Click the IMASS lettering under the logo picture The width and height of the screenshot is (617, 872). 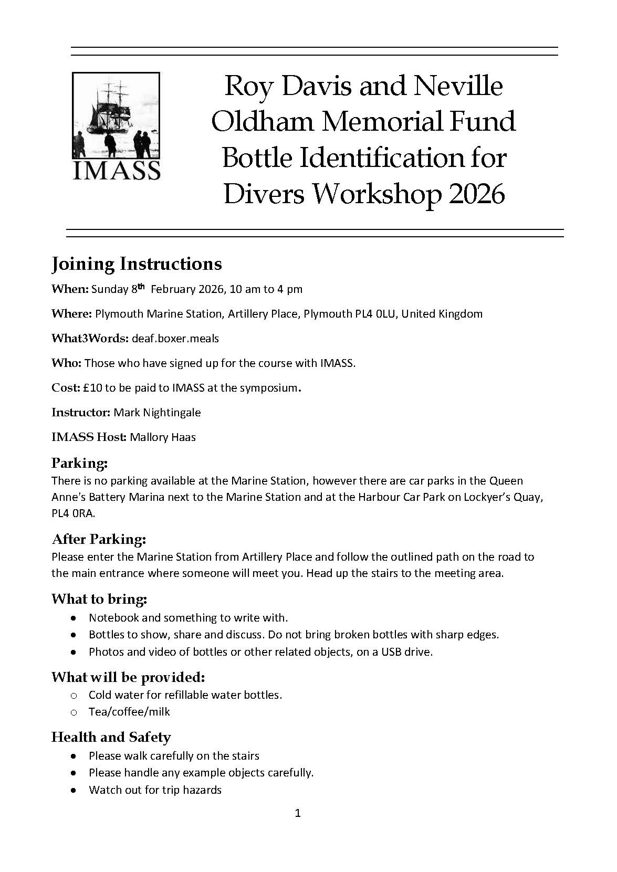coord(116,170)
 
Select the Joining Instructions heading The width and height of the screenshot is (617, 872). coord(137,264)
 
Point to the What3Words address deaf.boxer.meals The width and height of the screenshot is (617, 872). coord(175,339)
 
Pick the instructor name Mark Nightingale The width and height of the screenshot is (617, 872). coord(157,413)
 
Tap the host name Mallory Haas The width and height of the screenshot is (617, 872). coord(163,437)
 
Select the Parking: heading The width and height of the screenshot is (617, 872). coord(79,463)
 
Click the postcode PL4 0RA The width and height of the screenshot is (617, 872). coord(73,513)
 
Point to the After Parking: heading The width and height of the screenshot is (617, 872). coord(99,539)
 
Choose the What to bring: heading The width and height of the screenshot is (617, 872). coord(99,599)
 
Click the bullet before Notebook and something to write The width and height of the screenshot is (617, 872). coord(74,618)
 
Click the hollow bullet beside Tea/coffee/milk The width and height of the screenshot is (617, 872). coord(74,712)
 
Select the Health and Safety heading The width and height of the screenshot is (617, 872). coord(111,737)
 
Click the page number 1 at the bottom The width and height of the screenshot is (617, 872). coord(298,813)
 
